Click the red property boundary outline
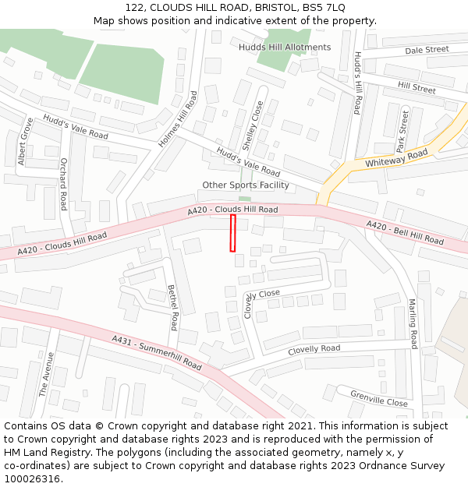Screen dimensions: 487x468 click(232, 234)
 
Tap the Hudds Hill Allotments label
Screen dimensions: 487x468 click(285, 48)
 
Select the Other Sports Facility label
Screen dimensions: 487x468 click(246, 185)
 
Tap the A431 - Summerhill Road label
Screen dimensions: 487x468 click(156, 353)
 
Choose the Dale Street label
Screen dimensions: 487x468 click(427, 50)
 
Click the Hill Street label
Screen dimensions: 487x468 click(417, 89)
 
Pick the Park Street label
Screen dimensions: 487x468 click(402, 131)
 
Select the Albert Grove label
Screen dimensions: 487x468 click(26, 142)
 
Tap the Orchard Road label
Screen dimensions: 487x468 click(63, 185)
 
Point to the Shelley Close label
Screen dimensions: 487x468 click(253, 125)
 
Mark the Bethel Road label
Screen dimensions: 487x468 click(173, 307)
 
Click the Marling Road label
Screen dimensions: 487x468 click(413, 323)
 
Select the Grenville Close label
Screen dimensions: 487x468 click(378, 398)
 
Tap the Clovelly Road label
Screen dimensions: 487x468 click(314, 350)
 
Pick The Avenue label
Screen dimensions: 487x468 click(46, 375)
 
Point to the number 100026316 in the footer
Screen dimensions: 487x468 click(32, 479)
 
